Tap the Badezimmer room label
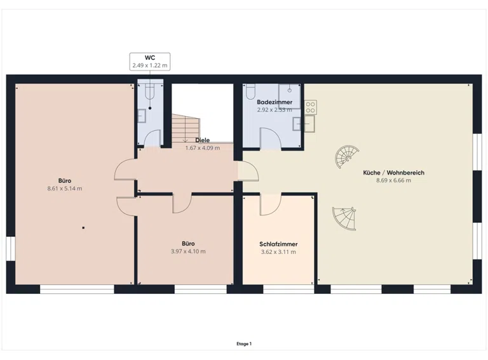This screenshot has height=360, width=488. click(x=274, y=102)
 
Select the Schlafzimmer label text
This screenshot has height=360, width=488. click(x=278, y=244)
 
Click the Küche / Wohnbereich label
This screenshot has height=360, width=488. click(x=394, y=173)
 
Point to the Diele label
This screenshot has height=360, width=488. click(x=202, y=140)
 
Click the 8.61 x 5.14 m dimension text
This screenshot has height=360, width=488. click(x=65, y=189)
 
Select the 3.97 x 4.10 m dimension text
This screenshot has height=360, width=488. click(x=188, y=251)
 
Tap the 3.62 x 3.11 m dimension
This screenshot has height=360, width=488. click(x=278, y=252)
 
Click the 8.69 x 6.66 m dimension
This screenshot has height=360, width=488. click(x=394, y=180)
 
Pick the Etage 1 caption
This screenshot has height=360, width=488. click(x=244, y=344)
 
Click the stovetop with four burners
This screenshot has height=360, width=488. click(x=311, y=107)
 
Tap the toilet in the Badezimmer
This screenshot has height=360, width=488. click(x=250, y=91)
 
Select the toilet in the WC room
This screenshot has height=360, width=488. click(x=150, y=91)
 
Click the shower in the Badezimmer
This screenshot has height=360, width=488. click(x=290, y=96)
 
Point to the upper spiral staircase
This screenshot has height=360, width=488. click(x=347, y=157)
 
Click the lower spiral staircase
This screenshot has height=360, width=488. click(x=344, y=218)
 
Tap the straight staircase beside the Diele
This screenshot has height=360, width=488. click(x=186, y=128)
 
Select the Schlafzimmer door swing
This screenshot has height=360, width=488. click(x=271, y=204)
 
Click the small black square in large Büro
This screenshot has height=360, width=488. click(x=83, y=228)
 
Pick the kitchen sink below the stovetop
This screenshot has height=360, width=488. click(x=309, y=124)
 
